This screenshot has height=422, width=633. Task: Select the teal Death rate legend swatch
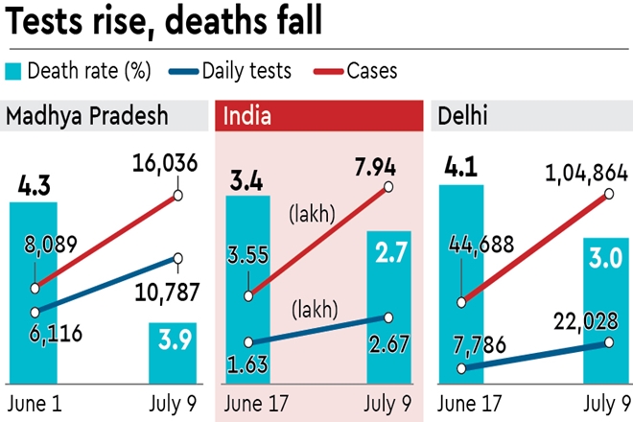14,70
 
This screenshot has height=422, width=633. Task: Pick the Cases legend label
375,70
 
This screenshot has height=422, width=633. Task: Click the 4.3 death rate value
34,182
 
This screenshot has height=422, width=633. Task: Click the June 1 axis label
35,401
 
